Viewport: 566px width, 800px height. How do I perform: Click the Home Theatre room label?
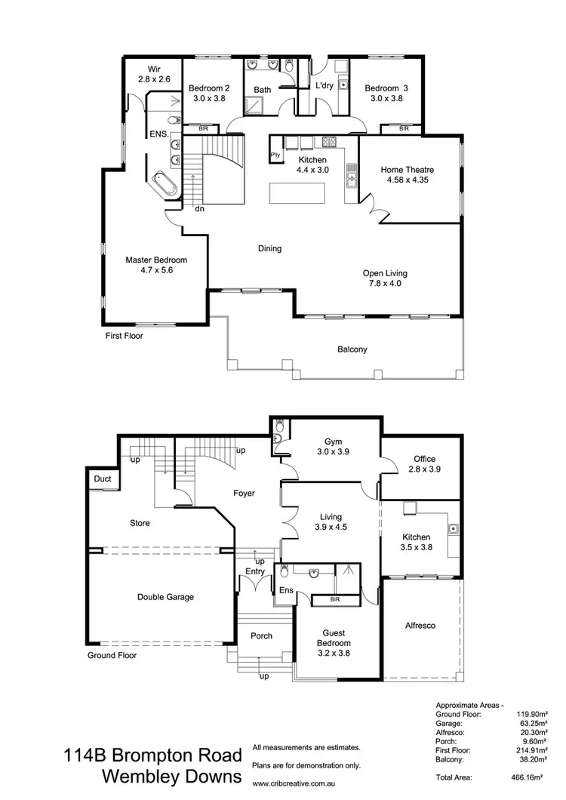(407, 175)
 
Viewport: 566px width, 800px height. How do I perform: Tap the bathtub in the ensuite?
(165, 183)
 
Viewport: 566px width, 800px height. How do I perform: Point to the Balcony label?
(352, 349)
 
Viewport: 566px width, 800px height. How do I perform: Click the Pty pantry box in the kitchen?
(274, 155)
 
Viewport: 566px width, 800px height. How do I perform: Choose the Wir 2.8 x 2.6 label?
(155, 74)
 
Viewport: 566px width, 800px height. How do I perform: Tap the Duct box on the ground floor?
(102, 479)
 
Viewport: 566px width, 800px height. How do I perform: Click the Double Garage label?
(165, 597)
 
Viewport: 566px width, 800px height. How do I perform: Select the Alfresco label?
(420, 626)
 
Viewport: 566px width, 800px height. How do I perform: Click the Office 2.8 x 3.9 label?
(423, 464)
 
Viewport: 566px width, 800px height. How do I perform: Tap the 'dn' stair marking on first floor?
(200, 209)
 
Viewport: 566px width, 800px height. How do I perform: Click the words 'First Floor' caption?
(124, 336)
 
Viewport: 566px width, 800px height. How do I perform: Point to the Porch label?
(261, 636)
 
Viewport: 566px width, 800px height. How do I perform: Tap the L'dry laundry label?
(325, 86)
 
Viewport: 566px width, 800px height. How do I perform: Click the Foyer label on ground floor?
(243, 494)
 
